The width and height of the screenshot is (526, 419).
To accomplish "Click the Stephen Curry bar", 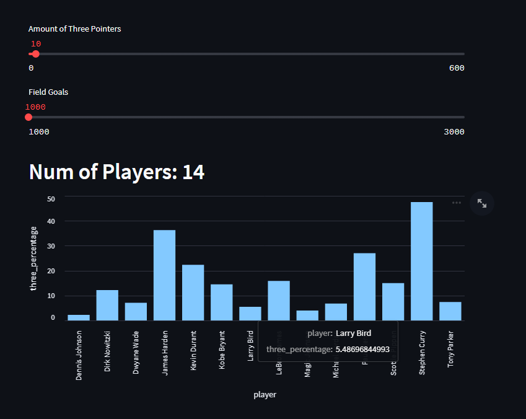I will pyautogui.click(x=422, y=261).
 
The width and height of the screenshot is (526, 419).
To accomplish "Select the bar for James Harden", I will pyautogui.click(x=164, y=275).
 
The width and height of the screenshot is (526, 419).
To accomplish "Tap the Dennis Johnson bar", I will pyautogui.click(x=79, y=317).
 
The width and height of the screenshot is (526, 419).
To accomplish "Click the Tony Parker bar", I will pyautogui.click(x=450, y=311).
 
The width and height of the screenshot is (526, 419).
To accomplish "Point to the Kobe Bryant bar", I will pyautogui.click(x=221, y=302).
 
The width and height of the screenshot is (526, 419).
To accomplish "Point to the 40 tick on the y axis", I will pyautogui.click(x=51, y=221).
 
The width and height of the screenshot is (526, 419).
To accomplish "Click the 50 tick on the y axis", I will pyautogui.click(x=51, y=199).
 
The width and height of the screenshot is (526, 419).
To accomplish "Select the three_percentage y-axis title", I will pyautogui.click(x=33, y=258).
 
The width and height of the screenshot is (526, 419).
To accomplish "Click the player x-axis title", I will pyautogui.click(x=265, y=395).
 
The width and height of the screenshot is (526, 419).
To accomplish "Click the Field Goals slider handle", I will pyautogui.click(x=28, y=117).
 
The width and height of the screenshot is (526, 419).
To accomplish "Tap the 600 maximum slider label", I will pyautogui.click(x=457, y=68).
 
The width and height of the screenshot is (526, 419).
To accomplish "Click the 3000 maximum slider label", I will pyautogui.click(x=454, y=131).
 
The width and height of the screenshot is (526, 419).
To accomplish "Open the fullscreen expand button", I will pyautogui.click(x=482, y=203).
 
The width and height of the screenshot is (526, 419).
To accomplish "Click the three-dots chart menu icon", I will pyautogui.click(x=457, y=203).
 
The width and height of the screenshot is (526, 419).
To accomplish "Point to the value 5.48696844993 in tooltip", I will pyautogui.click(x=362, y=350).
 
